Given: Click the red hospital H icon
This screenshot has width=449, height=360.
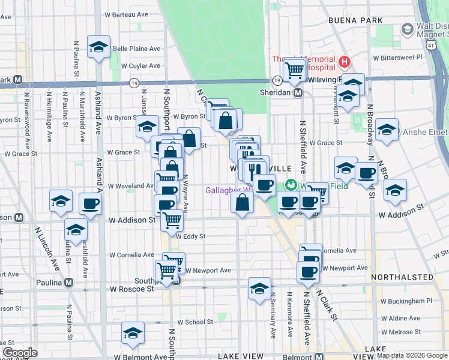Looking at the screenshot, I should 344,61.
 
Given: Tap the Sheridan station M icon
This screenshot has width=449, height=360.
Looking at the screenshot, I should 298,93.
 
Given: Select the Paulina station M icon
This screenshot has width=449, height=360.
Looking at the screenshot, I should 69,283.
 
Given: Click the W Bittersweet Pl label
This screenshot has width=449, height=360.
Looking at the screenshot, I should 397,58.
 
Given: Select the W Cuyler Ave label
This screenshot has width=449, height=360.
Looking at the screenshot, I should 140,66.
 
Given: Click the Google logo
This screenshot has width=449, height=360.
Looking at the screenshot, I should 20,353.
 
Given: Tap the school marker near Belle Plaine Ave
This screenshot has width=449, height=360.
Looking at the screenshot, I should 98,47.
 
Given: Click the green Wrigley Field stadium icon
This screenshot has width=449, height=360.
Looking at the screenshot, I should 291,185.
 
